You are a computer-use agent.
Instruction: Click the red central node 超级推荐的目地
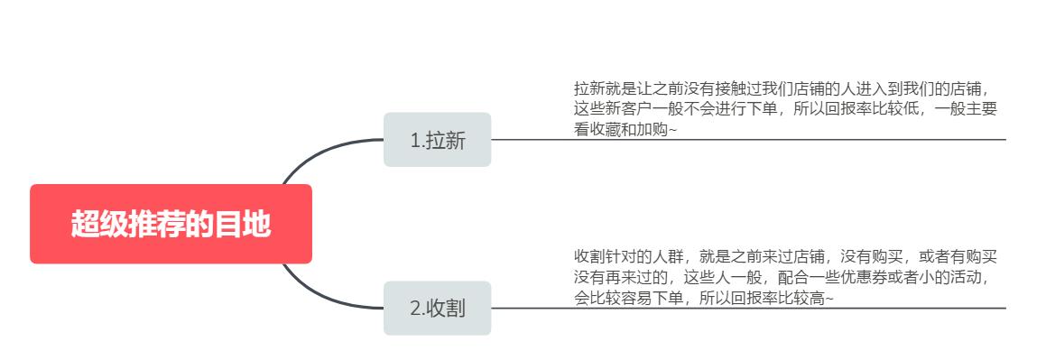pyautogui.click(x=171, y=224)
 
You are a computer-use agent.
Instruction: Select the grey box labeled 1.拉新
pyautogui.click(x=437, y=140)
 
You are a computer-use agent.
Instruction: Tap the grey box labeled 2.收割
pyautogui.click(x=437, y=308)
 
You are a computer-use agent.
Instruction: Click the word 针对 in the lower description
pyautogui.click(x=623, y=256)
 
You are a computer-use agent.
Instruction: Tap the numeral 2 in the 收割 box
pyautogui.click(x=415, y=309)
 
